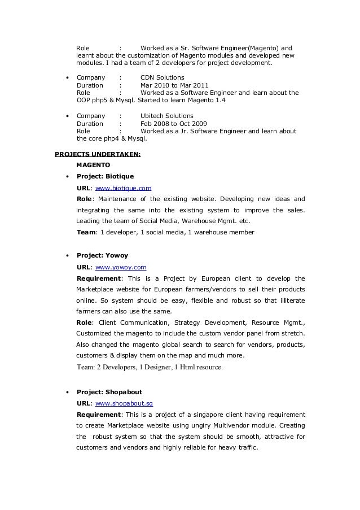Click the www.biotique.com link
(x=123, y=188)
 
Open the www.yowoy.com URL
(x=121, y=267)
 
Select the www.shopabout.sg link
(x=124, y=403)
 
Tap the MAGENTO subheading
(x=94, y=164)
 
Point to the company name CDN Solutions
(x=161, y=77)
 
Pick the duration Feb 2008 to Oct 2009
(x=173, y=124)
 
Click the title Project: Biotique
(x=105, y=176)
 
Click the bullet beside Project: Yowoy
(x=68, y=256)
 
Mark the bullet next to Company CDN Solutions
(x=68, y=78)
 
